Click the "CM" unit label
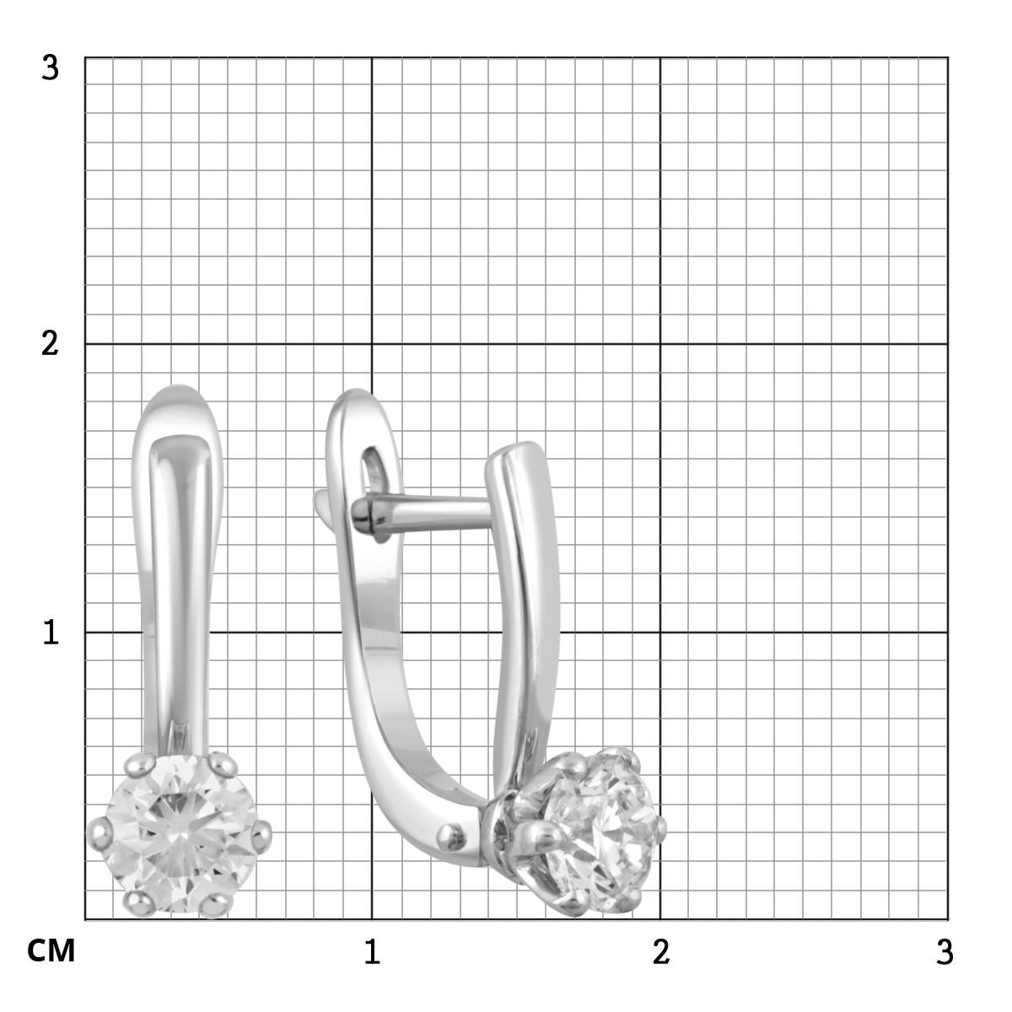[51, 950]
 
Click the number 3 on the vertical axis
[51, 67]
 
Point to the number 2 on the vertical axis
[51, 344]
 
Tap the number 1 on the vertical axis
[51, 632]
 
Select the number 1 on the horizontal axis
[372, 951]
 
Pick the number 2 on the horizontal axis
[660, 951]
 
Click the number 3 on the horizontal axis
[945, 951]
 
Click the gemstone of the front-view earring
[180, 834]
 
